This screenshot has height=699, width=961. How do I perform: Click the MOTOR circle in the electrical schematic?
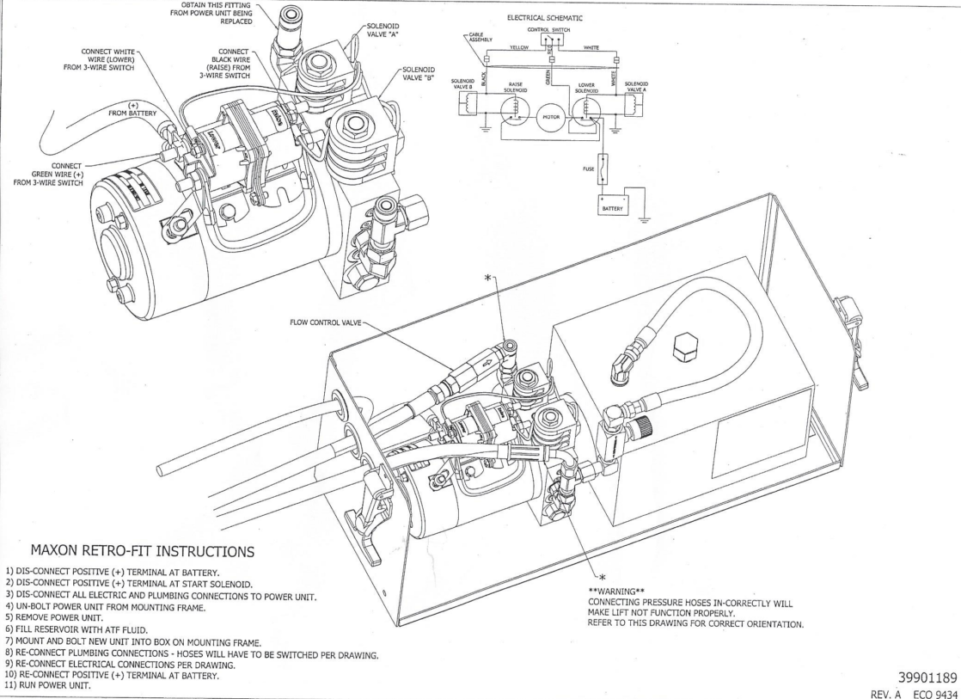(551, 118)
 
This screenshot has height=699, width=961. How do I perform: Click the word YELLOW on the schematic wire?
(516, 48)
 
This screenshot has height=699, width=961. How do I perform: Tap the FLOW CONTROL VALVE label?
(321, 325)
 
